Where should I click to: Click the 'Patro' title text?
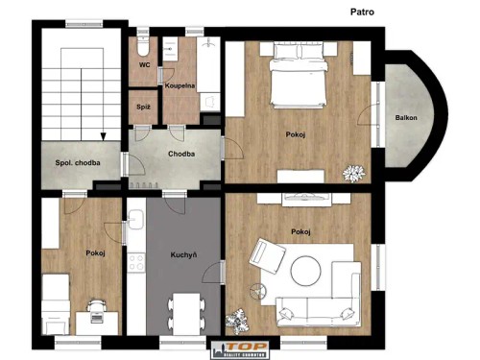(x=363, y=12)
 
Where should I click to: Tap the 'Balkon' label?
(x=406, y=118)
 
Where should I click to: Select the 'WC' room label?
(x=144, y=65)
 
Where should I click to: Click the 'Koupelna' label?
(x=180, y=85)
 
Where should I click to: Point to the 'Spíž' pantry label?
(x=143, y=107)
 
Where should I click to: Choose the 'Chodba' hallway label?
(x=182, y=154)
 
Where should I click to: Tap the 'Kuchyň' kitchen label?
(x=184, y=256)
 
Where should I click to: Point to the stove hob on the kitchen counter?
(x=136, y=261)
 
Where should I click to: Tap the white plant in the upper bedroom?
(x=354, y=173)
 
